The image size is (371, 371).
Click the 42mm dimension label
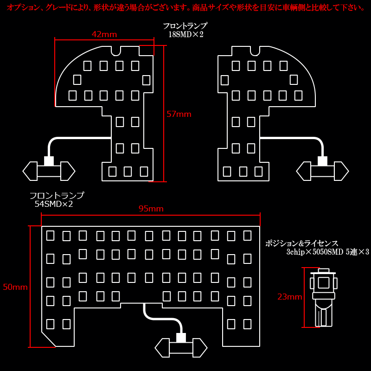tap(104, 34)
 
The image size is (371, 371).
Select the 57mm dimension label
tap(179, 114)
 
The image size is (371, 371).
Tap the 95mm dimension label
tap(151, 209)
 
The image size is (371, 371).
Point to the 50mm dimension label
tap(15, 287)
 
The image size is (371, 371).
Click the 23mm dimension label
tap(289, 297)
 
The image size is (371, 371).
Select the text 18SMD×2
tap(186, 34)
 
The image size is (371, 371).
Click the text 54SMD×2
tap(54, 204)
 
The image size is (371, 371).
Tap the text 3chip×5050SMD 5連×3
tap(328, 252)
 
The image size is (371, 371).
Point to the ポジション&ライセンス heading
tap(302, 243)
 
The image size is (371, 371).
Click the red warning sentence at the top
tap(186, 8)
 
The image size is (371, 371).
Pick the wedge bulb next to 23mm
tap(324, 298)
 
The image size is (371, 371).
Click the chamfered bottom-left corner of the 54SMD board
tap(49, 339)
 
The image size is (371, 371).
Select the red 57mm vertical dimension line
tap(164, 114)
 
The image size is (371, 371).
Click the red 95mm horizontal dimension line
tap(151, 215)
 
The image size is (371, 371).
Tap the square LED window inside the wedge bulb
tap(323, 282)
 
